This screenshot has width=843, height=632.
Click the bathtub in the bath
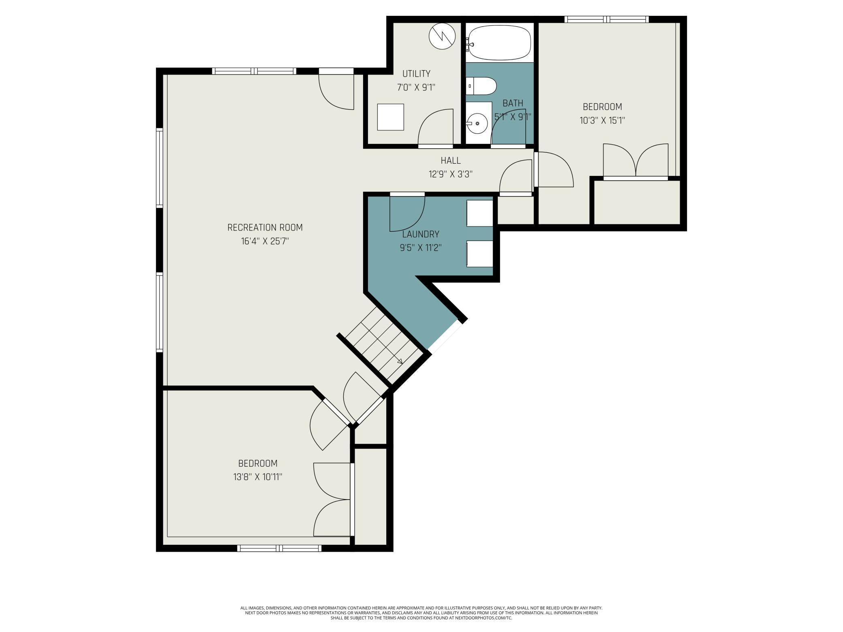pyautogui.click(x=499, y=42)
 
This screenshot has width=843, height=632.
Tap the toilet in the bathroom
pyautogui.click(x=481, y=86)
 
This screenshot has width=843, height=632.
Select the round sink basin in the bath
pyautogui.click(x=477, y=123)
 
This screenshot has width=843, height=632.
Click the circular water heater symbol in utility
pyautogui.click(x=442, y=36)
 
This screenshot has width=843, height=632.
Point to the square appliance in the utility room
pyautogui.click(x=390, y=117)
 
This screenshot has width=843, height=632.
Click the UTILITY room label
pyautogui.click(x=416, y=74)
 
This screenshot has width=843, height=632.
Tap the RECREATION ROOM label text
pyautogui.click(x=265, y=228)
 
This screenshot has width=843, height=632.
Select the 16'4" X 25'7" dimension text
pyautogui.click(x=265, y=241)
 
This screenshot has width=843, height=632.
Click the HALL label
pyautogui.click(x=451, y=161)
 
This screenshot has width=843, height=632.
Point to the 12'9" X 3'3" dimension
pyautogui.click(x=451, y=174)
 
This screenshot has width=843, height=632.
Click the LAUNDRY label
pyautogui.click(x=421, y=234)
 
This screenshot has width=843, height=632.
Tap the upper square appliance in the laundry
pyautogui.click(x=480, y=213)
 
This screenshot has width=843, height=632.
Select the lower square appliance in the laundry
pyautogui.click(x=480, y=254)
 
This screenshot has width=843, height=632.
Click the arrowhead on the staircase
pyautogui.click(x=400, y=361)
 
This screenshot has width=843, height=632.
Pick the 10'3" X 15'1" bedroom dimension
pyautogui.click(x=602, y=120)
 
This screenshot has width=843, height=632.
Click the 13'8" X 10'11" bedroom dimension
pyautogui.click(x=258, y=477)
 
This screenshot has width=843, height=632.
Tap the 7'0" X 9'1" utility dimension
pyautogui.click(x=416, y=87)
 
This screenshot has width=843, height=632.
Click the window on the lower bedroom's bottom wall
pyautogui.click(x=279, y=548)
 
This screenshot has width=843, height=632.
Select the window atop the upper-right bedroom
pyautogui.click(x=607, y=19)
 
